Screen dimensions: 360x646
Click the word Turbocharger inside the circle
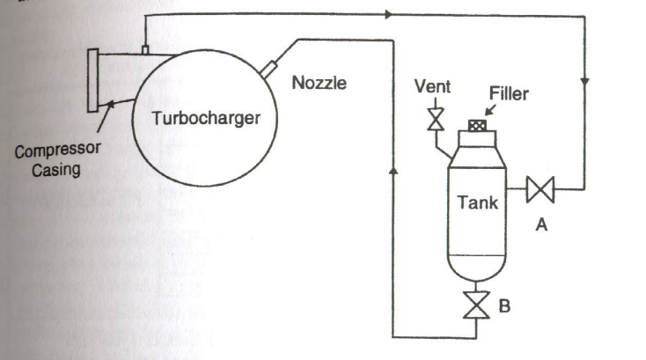pos(207,119)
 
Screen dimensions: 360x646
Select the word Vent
pos(433,86)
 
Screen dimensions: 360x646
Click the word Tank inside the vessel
pos(478,202)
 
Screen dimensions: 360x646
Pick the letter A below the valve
pos(542,226)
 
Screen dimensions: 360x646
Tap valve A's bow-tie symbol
pos(538,189)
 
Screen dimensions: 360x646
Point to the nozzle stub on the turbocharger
pos(268,67)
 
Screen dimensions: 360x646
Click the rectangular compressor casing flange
pos(92,81)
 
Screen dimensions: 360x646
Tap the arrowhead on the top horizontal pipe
pos(388,15)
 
